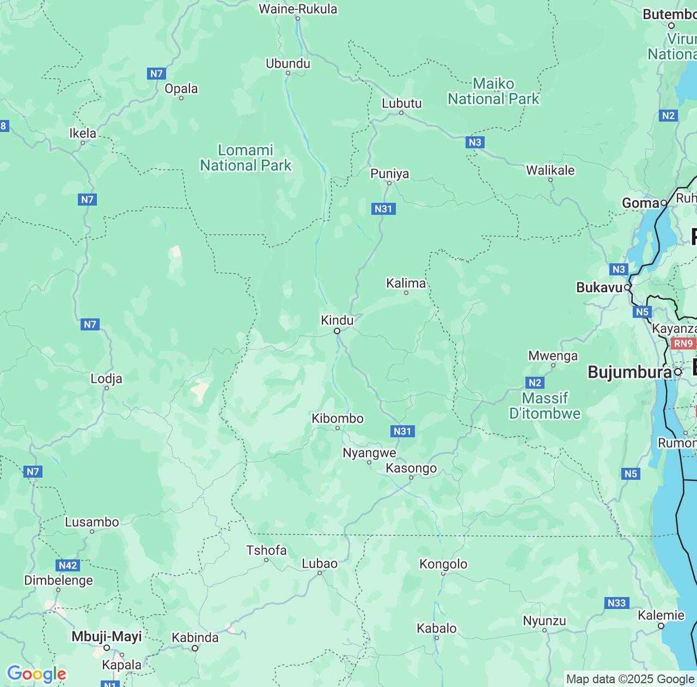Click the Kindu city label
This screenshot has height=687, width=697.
coord(337,320)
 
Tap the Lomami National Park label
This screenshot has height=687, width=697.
coord(246,158)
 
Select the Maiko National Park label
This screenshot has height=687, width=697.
coord(493,91)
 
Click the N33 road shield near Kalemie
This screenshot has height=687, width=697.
coord(616,602)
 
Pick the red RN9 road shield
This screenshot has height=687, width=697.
coord(683,343)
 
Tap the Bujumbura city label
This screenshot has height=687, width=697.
coord(629,372)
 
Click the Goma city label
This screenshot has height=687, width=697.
coord(640,203)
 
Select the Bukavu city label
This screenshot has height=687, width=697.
coord(599,287)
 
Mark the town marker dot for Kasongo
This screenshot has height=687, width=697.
coord(412,478)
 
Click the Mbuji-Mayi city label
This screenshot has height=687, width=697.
coord(107,636)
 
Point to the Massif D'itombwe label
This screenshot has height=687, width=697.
coord(545,406)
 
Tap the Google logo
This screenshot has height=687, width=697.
coord(36,674)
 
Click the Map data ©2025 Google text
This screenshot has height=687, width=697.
coord(630,679)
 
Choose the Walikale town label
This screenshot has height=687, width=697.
coord(550,170)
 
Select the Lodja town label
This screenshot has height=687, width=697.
coord(106,378)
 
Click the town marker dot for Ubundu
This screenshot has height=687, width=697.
coord(288,73)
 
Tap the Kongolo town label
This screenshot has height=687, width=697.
coord(443,564)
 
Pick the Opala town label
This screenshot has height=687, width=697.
coord(181,88)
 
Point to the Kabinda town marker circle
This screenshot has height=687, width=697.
coord(195,648)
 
